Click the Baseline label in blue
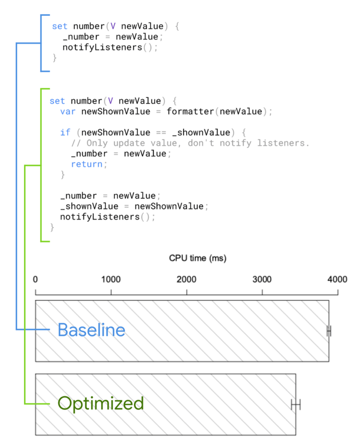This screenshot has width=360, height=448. coord(91,330)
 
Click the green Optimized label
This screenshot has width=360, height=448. coord(101,403)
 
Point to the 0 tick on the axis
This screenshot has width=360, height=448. coord(35,280)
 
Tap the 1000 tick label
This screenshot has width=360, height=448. coord(111,280)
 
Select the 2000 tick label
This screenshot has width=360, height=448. coord(186,280)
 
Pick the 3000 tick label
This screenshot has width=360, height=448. coord(262,280)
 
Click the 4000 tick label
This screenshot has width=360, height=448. coord(337,280)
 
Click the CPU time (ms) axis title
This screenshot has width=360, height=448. coord(198,258)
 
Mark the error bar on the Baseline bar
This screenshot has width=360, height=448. coord(329,331)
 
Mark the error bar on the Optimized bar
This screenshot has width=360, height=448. coord(296,404)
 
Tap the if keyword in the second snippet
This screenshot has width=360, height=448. coord(65,133)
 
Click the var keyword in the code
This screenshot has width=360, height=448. coord(68,112)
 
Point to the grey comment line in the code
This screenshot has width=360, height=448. coord(190,143)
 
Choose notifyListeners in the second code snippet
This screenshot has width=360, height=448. coord(100,217)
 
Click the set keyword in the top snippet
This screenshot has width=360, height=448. coord(59,26)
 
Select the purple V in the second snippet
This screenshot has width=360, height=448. coord(111,101)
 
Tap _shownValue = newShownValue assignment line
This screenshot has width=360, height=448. coord(132,206)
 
